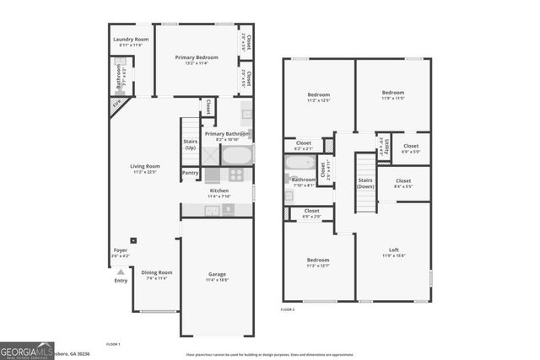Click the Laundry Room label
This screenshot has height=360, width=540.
pyautogui.click(x=130, y=40)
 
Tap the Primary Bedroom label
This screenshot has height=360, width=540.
pyautogui.click(x=197, y=57)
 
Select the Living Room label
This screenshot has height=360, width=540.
pyautogui.click(x=144, y=166)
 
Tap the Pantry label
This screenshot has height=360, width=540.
pyautogui.click(x=192, y=173)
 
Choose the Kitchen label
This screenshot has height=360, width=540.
pyautogui.click(x=219, y=191)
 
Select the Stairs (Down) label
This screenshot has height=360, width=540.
pyautogui.click(x=364, y=183)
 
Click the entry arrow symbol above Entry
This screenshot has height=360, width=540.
pyautogui.click(x=121, y=272)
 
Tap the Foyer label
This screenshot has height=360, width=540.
pyautogui.click(x=121, y=250)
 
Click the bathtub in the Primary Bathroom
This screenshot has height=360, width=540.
pyautogui.click(x=235, y=156)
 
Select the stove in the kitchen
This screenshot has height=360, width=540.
pyautogui.click(x=235, y=175)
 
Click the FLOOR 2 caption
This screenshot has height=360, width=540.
pyautogui.click(x=289, y=310)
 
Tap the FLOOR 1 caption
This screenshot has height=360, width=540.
pyautogui.click(x=113, y=345)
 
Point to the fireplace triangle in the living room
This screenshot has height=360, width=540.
pyautogui.click(x=116, y=105)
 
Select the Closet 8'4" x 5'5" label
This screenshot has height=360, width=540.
pyautogui.click(x=403, y=183)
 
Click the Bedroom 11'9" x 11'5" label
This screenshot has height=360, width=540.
pyautogui.click(x=393, y=95)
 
